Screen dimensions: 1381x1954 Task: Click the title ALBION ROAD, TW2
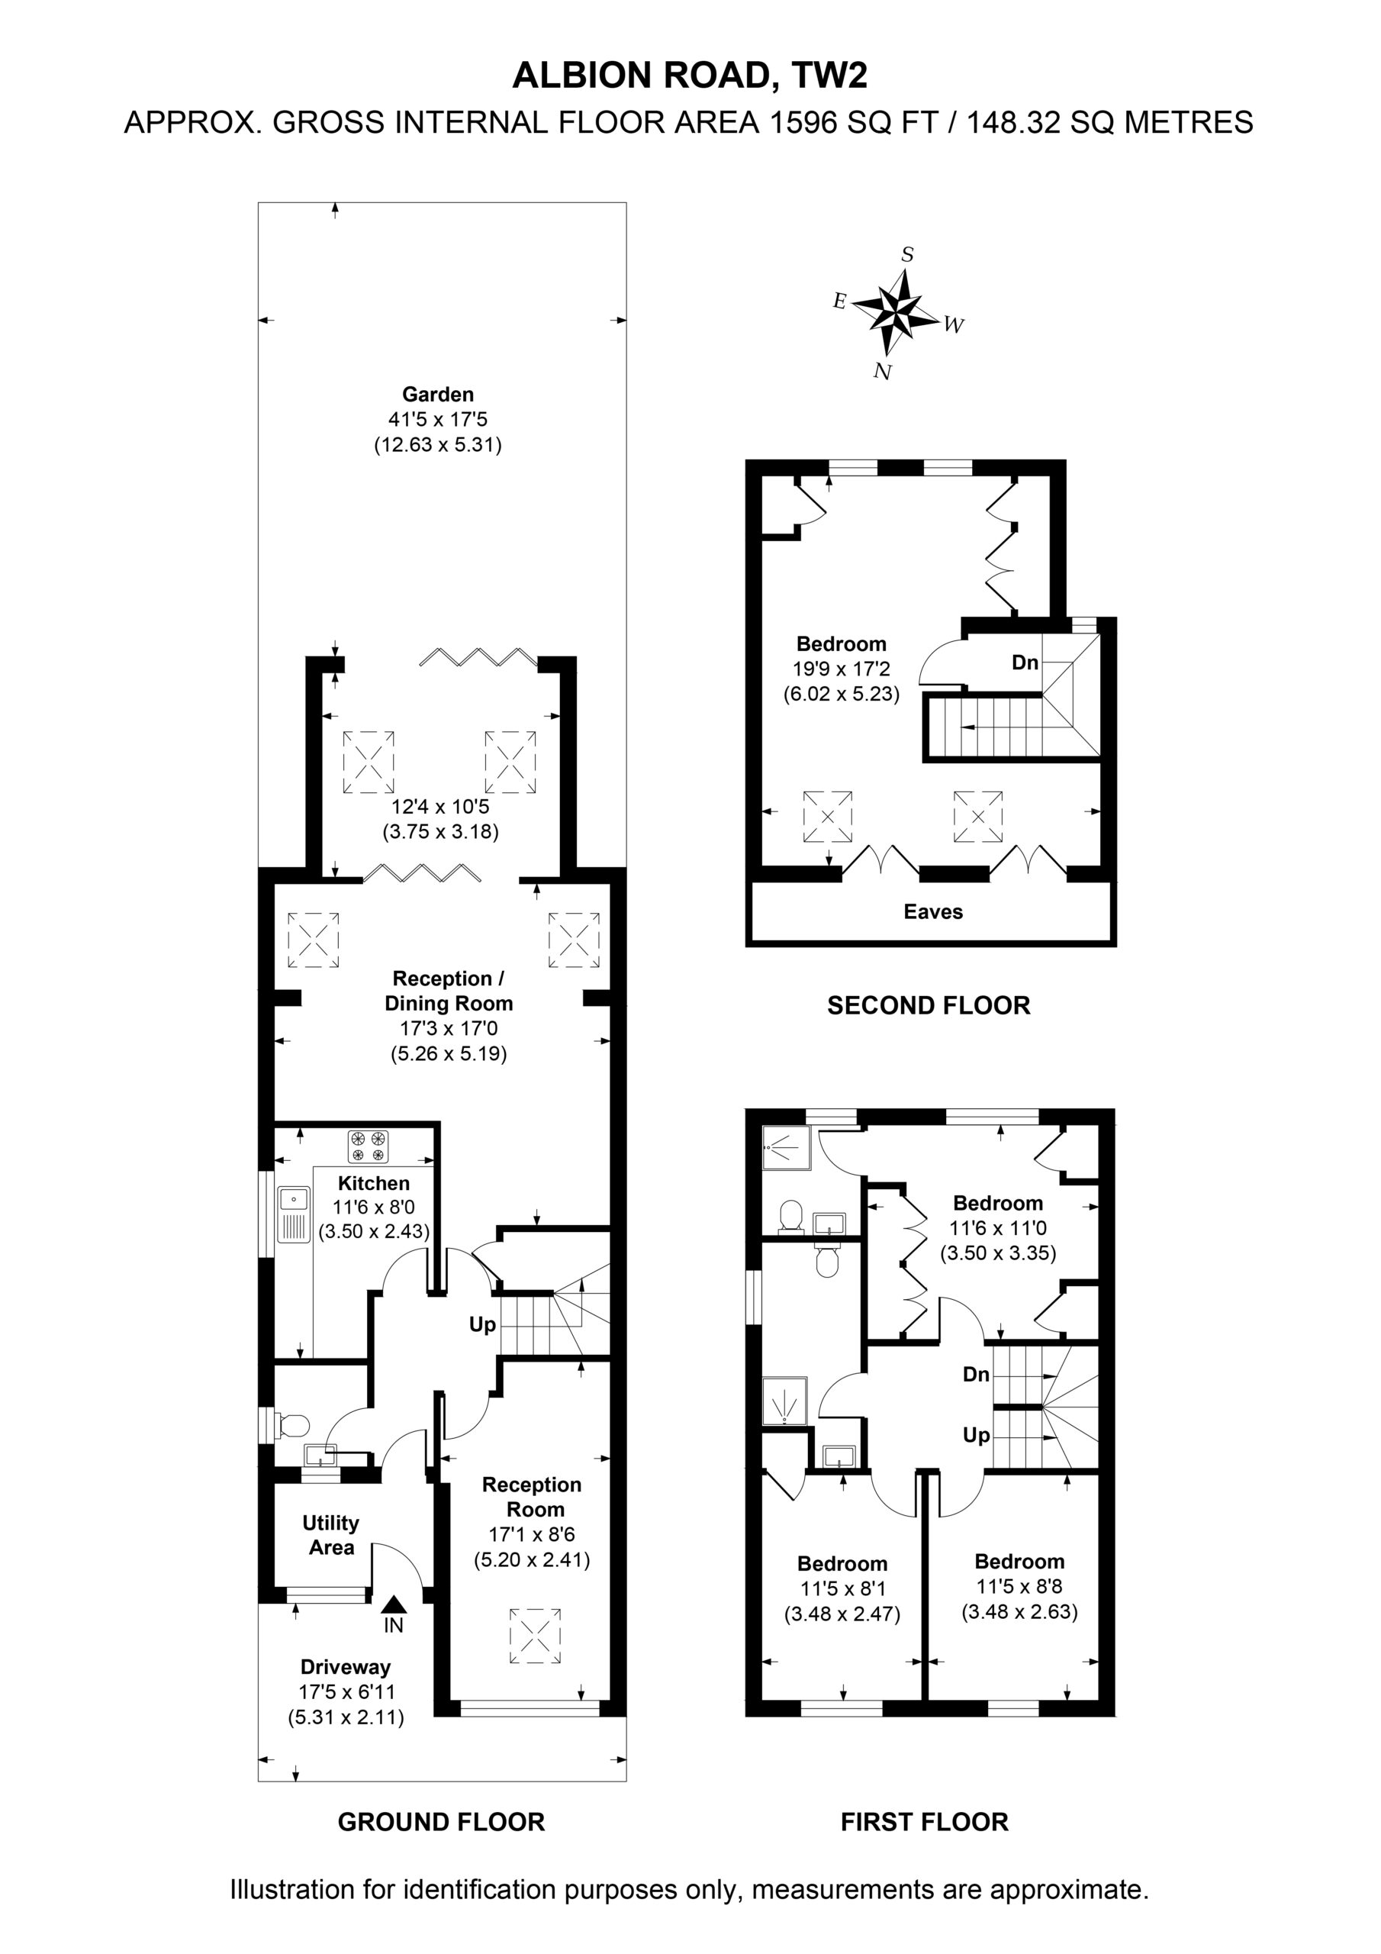click(689, 76)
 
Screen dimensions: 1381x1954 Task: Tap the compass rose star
click(899, 310)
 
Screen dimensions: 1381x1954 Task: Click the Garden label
click(437, 394)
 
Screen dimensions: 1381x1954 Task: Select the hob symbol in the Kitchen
click(368, 1146)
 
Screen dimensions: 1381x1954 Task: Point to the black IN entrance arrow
click(393, 1604)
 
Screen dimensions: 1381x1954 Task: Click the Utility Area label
click(331, 1535)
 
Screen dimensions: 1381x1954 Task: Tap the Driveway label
click(346, 1667)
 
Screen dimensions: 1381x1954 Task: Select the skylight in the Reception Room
click(535, 1636)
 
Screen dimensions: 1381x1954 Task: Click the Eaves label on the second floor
click(933, 912)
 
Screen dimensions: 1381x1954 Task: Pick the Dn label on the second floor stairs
click(1025, 662)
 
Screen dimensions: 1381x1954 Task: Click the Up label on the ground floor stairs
click(482, 1325)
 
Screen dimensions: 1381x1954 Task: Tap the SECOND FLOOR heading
click(929, 1006)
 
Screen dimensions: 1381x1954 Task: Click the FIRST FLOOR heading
click(925, 1822)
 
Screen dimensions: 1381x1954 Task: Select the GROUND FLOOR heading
click(442, 1822)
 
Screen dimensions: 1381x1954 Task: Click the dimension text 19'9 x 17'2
click(842, 669)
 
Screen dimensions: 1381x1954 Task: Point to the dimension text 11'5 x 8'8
click(1019, 1586)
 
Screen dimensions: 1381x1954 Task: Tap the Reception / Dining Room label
click(449, 991)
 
